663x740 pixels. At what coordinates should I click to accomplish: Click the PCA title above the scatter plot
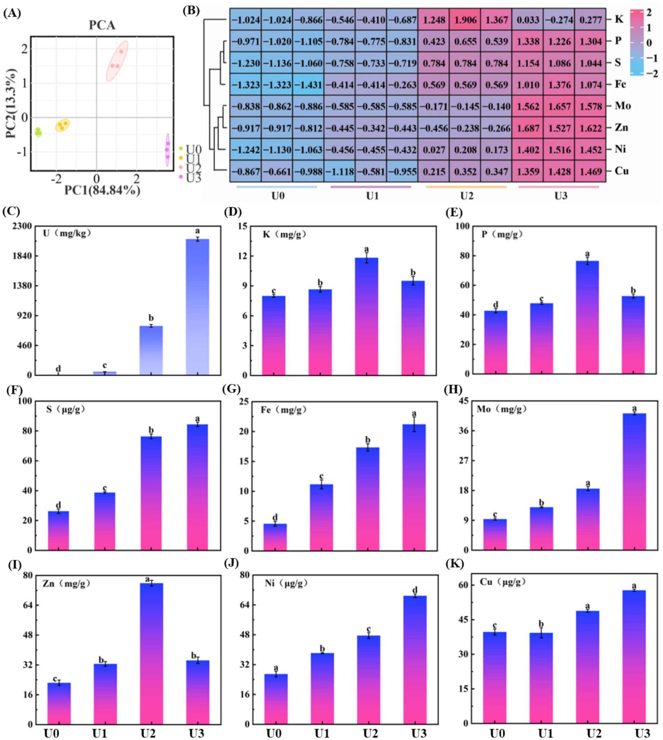(102, 25)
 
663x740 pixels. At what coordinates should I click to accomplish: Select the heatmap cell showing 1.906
(465, 20)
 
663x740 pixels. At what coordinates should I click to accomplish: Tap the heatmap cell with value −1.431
(308, 85)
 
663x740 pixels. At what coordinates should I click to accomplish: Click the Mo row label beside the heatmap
(623, 106)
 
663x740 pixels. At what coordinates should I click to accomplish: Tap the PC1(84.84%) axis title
(102, 190)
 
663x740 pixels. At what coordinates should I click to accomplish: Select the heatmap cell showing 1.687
(527, 128)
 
